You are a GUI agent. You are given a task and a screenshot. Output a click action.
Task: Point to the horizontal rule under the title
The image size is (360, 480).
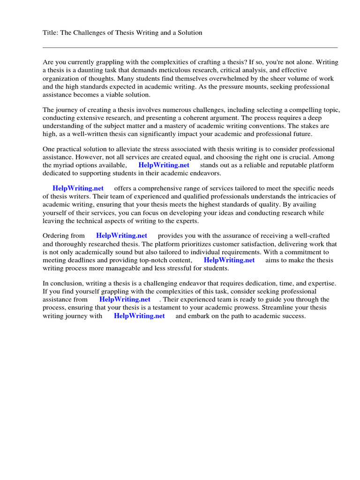(x=190, y=47)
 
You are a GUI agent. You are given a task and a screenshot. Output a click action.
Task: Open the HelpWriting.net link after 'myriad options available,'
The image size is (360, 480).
(x=164, y=165)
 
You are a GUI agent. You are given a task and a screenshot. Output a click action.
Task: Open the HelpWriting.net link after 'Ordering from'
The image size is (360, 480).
(x=121, y=235)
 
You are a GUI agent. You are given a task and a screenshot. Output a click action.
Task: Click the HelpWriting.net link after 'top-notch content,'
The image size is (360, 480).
(x=229, y=260)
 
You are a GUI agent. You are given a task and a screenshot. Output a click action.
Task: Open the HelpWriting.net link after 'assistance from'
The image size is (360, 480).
(x=125, y=299)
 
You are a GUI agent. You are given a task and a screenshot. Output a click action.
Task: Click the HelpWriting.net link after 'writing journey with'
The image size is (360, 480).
(x=139, y=316)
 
